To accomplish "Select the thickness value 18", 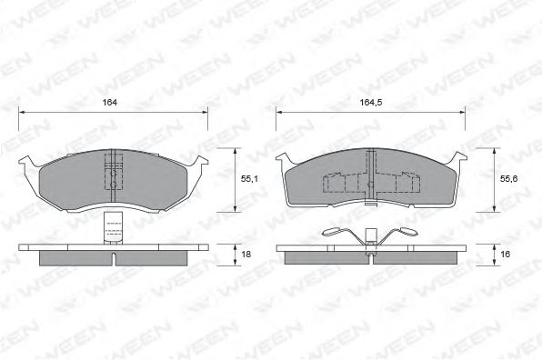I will [246, 255].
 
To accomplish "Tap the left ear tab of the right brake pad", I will [282, 160].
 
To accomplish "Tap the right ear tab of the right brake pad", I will [461, 160].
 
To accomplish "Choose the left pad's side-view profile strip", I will [114, 256].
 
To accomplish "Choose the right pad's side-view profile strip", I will [371, 257].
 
